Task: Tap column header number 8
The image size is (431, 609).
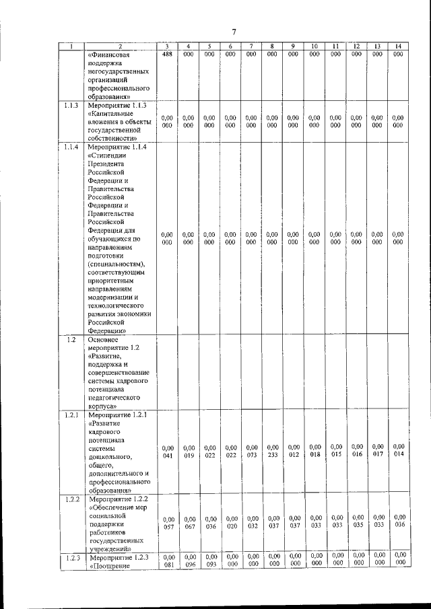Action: pyautogui.click(x=272, y=46)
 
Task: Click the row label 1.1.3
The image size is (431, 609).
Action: pyautogui.click(x=71, y=106)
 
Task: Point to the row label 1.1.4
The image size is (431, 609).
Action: pyautogui.click(x=71, y=146)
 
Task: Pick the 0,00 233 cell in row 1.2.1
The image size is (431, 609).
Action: pyautogui.click(x=272, y=450)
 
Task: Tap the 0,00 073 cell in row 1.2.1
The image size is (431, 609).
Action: pyautogui.click(x=251, y=451)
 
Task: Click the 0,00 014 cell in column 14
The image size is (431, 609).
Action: pyautogui.click(x=399, y=450)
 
